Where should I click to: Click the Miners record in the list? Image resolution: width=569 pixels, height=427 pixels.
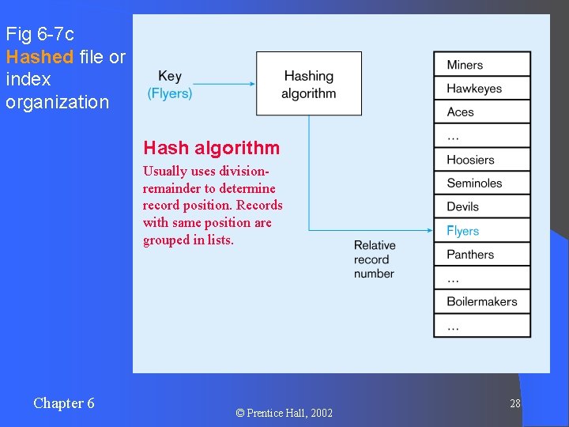point(481,65)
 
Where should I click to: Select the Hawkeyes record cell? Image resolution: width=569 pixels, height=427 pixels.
point(481,89)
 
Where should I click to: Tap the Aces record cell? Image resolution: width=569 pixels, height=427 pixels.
point(481,112)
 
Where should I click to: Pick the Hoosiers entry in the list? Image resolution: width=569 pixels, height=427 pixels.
point(481,160)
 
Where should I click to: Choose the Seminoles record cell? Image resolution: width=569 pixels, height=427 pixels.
point(481,183)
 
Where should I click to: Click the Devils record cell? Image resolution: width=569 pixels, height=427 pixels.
point(481,207)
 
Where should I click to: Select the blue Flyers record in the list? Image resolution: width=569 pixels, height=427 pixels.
point(481,231)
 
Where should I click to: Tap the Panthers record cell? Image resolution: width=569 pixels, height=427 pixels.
point(481,255)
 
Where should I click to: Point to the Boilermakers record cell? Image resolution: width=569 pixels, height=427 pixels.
point(481,302)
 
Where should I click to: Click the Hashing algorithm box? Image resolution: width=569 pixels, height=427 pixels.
point(308,84)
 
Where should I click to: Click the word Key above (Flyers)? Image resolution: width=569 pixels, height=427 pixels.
point(170,76)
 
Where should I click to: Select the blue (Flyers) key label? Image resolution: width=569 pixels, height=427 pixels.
point(170,93)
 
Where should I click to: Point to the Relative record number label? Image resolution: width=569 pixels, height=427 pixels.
point(375,259)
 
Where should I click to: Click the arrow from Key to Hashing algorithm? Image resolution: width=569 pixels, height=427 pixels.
point(224,83)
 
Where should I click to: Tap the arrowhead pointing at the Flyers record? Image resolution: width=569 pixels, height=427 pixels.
point(429,231)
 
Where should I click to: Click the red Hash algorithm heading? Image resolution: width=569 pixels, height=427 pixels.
point(211,148)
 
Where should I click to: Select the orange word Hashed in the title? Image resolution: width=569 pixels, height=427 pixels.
point(40,57)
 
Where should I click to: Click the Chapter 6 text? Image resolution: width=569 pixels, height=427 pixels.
point(63,403)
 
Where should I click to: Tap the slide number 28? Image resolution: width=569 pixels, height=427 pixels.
point(514,403)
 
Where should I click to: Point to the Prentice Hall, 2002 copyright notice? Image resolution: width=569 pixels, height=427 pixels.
point(284,413)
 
